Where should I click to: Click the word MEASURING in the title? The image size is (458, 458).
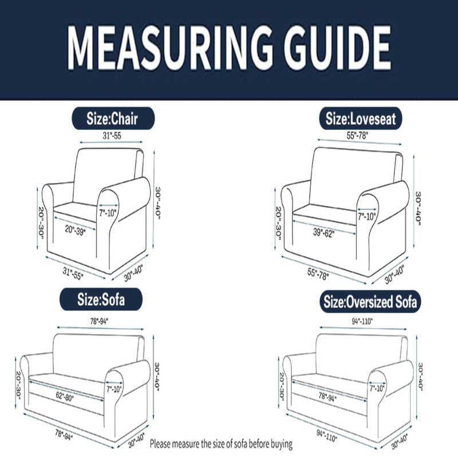click(170, 48)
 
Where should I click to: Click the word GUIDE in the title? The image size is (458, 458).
click(338, 48)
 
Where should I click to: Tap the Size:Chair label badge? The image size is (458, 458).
click(113, 119)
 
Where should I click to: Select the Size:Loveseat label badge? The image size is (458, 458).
click(361, 119)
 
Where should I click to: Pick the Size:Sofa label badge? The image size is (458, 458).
click(101, 299)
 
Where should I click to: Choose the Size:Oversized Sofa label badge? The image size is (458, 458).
click(370, 302)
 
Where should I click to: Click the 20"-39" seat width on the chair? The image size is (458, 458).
click(75, 230)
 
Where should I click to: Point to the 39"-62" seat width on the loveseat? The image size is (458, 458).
click(323, 232)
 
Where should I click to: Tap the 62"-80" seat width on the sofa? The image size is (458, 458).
click(65, 396)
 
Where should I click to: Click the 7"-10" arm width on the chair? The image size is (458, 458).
click(108, 213)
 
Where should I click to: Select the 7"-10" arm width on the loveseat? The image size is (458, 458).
click(366, 216)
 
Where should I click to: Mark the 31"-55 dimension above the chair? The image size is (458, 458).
click(112, 136)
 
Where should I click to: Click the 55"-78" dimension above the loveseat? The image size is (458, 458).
click(357, 136)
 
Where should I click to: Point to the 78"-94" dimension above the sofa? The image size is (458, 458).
click(99, 321)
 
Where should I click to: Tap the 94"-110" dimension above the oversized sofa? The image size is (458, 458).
click(362, 321)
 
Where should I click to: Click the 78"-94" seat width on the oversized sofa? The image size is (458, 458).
click(327, 397)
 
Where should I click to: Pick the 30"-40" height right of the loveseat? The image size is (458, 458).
click(418, 208)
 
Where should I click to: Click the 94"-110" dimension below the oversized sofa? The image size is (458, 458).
click(326, 435)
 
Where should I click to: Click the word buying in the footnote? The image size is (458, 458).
click(282, 444)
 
